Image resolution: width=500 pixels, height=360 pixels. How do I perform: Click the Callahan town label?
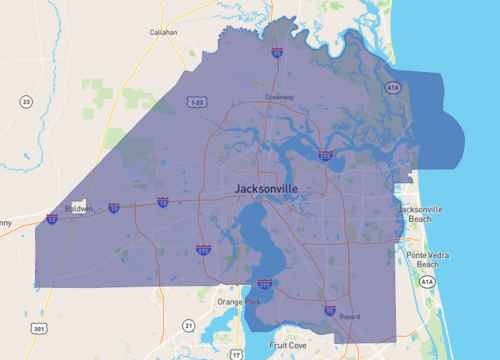pyautogui.click(x=159, y=32)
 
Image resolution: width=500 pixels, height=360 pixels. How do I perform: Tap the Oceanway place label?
pyautogui.click(x=280, y=97)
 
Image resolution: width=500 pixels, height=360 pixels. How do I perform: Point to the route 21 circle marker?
pyautogui.click(x=188, y=325)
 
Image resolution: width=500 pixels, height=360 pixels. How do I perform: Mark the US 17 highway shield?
pyautogui.click(x=236, y=354)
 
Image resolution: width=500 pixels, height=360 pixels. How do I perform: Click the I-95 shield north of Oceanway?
pyautogui.click(x=276, y=52)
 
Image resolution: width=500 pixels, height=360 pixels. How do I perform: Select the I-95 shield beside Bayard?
pyautogui.click(x=329, y=311)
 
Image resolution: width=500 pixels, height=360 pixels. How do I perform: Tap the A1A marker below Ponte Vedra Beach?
pyautogui.click(x=427, y=283)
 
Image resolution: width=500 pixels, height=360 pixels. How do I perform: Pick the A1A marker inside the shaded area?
pyautogui.click(x=393, y=89)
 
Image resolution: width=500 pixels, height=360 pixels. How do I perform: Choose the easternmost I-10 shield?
pyautogui.click(x=162, y=202)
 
